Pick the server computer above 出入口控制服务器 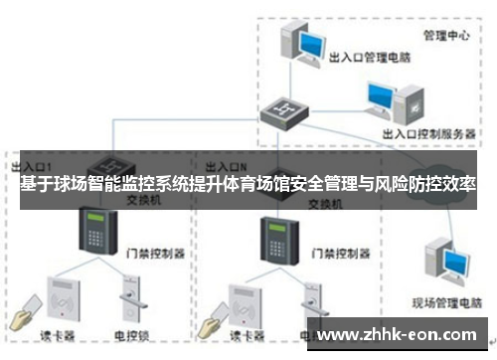(x=385, y=99)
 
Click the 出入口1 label (x=34, y=164)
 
